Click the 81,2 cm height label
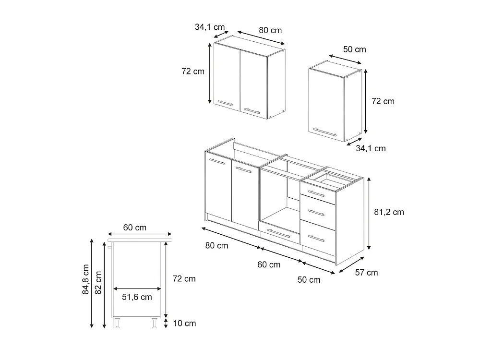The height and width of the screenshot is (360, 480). coord(389,212)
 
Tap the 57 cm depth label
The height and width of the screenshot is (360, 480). coord(366,273)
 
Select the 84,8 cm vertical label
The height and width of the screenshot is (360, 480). coord(86,279)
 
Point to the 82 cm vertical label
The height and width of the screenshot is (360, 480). coord(98,283)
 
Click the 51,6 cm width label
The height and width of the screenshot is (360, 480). coord(137,297)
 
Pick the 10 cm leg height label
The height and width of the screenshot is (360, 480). coord(184,323)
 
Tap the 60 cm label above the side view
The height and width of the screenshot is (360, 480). coord(135,228)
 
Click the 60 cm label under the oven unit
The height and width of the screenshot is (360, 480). coord(269,264)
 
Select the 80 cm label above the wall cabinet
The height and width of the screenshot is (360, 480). coord(270,30)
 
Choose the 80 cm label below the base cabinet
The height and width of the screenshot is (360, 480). coord(217,245)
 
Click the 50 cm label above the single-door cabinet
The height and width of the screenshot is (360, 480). coord(355,49)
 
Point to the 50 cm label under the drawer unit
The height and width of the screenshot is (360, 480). coord(309,280)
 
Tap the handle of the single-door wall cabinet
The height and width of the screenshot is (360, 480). coord(324,132)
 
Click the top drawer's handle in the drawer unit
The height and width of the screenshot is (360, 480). coord(316,194)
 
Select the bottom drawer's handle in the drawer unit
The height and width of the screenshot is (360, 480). coord(316,238)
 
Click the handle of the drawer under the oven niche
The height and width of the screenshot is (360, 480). coord(278,233)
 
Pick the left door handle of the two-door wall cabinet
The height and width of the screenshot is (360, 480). coord(226,103)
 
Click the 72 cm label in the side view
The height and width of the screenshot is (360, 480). coord(184,278)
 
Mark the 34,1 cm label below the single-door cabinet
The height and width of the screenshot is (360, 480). coord(371,148)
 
